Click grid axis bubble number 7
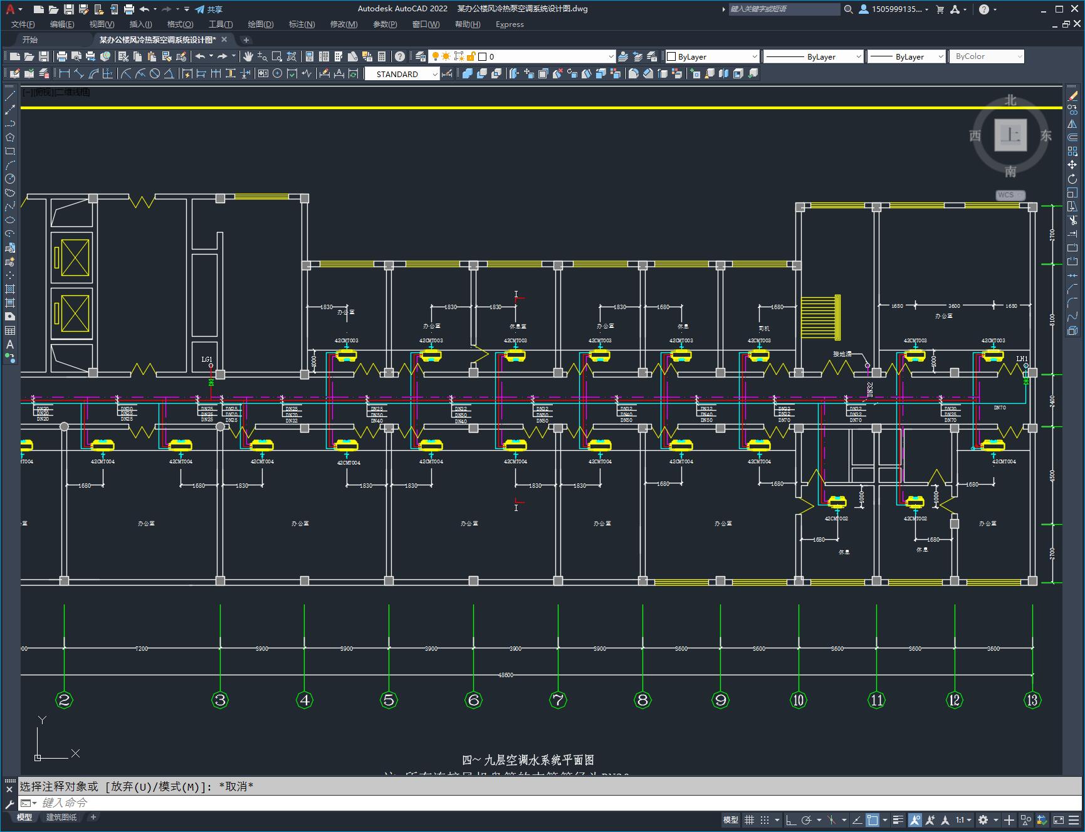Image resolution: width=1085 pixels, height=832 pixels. [558, 700]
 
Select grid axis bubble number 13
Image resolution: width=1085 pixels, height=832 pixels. [1032, 700]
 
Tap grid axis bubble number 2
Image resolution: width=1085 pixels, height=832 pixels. [64, 700]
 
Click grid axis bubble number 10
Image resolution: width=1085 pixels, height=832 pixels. [798, 700]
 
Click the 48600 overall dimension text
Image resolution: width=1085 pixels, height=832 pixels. [505, 675]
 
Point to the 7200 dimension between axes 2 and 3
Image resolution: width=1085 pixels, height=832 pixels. [142, 648]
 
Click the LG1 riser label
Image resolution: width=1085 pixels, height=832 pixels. [207, 359]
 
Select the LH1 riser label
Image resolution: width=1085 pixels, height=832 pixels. [1022, 359]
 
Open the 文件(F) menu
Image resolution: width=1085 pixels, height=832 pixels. [23, 24]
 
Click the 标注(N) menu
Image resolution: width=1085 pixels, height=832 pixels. [301, 24]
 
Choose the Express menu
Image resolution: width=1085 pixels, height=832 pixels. [510, 24]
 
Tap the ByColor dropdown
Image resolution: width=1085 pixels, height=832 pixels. [987, 56]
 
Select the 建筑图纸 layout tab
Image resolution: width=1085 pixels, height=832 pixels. [61, 817]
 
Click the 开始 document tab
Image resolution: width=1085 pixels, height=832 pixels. [30, 39]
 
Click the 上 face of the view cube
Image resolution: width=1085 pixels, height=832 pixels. [1010, 135]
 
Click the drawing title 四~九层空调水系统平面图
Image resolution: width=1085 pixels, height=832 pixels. [528, 760]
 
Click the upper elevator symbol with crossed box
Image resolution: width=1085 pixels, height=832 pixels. [75, 257]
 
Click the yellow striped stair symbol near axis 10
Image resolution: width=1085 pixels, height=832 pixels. [820, 316]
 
